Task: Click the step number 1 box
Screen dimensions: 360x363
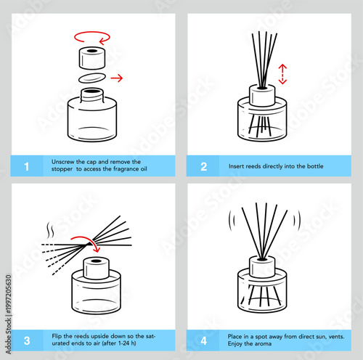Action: point(26,167)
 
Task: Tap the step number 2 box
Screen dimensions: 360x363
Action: point(203,167)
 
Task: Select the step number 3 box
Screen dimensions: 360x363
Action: point(26,339)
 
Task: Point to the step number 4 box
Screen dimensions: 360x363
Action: point(203,339)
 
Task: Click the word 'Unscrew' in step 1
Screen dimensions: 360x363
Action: point(63,161)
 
